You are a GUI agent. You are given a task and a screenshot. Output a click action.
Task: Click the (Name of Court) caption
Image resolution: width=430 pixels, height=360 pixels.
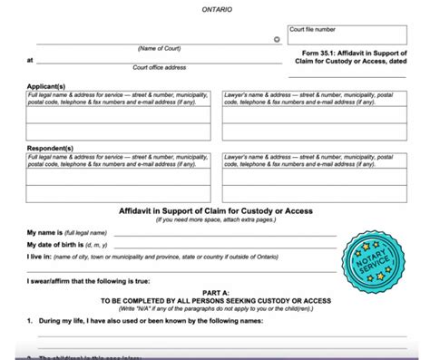click(159, 47)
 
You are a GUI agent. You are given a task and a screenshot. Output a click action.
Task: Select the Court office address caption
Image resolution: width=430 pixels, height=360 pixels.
click(159, 67)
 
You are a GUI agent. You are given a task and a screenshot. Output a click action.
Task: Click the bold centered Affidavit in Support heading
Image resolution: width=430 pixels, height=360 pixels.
click(215, 210)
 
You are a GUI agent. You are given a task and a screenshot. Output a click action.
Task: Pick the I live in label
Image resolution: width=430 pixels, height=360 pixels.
click(42, 258)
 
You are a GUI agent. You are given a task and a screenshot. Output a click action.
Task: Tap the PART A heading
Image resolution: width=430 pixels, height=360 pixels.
click(215, 292)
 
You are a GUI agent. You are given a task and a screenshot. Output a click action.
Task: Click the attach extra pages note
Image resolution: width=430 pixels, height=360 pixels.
click(215, 219)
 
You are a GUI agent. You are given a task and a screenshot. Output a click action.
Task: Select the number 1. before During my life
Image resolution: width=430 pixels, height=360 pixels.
click(30, 320)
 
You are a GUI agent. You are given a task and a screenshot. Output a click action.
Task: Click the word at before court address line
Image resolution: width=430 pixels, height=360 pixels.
click(30, 60)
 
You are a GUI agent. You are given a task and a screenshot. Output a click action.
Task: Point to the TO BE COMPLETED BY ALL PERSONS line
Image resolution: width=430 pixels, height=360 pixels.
click(215, 300)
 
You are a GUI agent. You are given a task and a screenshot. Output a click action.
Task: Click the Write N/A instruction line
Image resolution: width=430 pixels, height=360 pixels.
click(215, 308)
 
